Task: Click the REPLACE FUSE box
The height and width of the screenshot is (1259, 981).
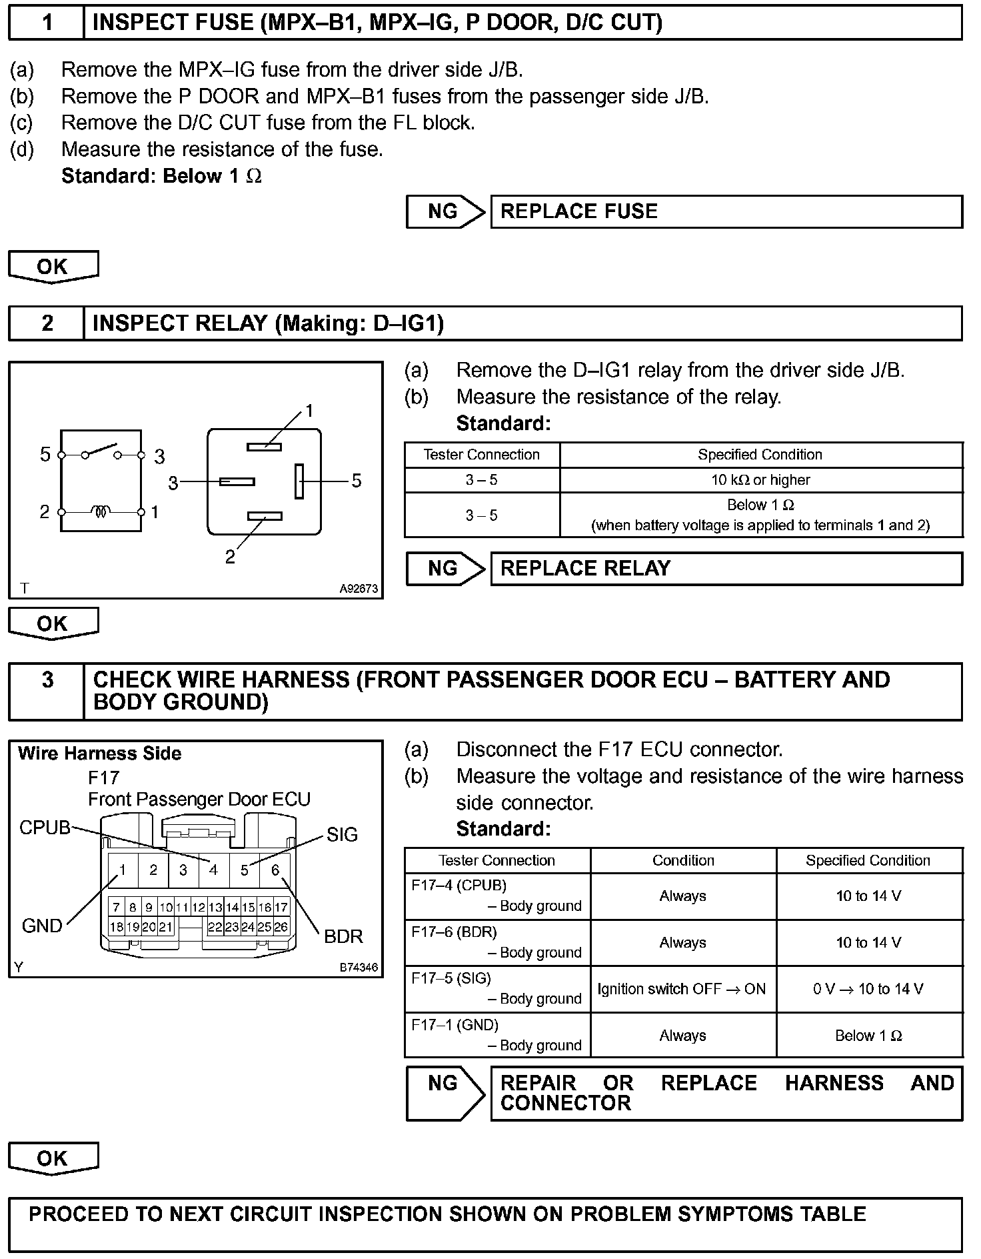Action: click(726, 211)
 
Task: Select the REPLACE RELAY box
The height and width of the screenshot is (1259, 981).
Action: click(726, 568)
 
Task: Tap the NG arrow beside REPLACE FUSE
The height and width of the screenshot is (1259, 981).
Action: click(445, 211)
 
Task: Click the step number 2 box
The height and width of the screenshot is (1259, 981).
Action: click(47, 323)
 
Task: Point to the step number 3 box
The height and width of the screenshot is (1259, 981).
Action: click(47, 691)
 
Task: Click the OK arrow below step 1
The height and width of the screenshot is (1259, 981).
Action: click(53, 267)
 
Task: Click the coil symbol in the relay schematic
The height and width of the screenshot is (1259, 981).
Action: click(101, 511)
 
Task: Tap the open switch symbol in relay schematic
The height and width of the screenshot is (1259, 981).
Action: click(101, 451)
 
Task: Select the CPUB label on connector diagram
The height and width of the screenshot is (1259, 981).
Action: click(45, 828)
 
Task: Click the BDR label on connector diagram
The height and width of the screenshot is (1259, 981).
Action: click(343, 936)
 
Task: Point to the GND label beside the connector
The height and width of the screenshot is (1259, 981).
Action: click(42, 926)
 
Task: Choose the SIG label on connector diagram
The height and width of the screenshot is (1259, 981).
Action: click(342, 834)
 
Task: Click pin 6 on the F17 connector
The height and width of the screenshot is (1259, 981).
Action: click(275, 870)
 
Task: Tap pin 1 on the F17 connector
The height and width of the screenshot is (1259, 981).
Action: click(123, 870)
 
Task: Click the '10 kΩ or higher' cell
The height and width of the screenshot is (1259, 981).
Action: click(760, 480)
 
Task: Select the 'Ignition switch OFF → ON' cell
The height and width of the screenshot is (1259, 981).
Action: click(682, 989)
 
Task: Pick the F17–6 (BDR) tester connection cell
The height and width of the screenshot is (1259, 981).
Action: click(496, 942)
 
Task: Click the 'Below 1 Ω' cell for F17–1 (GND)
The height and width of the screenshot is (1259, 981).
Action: click(868, 1036)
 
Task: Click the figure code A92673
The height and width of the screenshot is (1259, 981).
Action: click(359, 589)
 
